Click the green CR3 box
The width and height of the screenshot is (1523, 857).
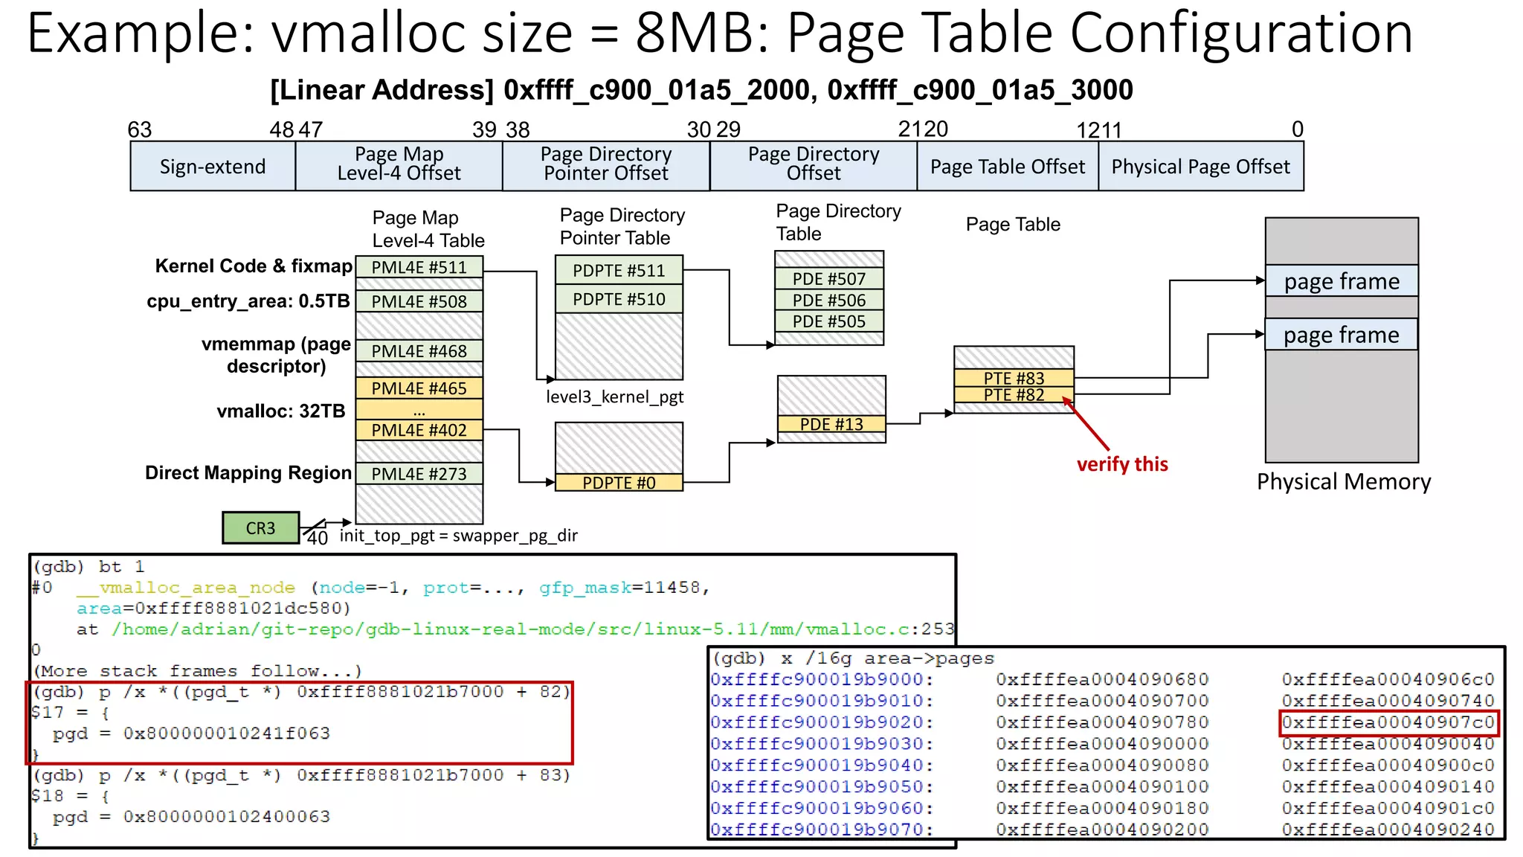[x=260, y=527]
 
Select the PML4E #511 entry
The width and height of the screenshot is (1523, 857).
[x=419, y=267]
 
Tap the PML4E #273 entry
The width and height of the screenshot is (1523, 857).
[x=419, y=473]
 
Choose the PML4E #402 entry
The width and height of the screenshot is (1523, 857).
[x=419, y=430]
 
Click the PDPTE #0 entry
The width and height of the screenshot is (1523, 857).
[x=619, y=483]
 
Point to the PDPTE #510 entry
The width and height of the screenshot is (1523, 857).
[x=619, y=299]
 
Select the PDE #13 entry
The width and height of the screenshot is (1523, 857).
[x=831, y=424]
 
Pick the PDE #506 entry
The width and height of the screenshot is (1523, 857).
[x=829, y=301]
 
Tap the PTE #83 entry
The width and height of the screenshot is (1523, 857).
[x=1014, y=378]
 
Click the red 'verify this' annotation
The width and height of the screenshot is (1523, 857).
[x=1122, y=464]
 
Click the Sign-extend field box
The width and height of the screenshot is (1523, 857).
[x=213, y=167]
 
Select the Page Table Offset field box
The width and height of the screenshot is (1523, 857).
[x=1008, y=167]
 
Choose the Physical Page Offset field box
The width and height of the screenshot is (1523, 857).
[x=1200, y=167]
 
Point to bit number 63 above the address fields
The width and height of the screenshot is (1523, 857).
[x=140, y=129]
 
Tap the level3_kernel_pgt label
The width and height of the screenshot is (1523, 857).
[x=614, y=397]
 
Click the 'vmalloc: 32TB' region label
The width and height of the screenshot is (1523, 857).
[x=281, y=411]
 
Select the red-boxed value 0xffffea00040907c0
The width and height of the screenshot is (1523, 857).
[x=1388, y=722]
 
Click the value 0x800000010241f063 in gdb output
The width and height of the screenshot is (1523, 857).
[x=227, y=734]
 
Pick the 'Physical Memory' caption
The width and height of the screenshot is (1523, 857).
[x=1344, y=482]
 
